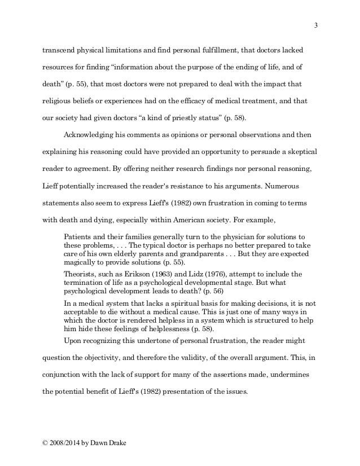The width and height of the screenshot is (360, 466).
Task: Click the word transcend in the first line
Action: click(x=60, y=50)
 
